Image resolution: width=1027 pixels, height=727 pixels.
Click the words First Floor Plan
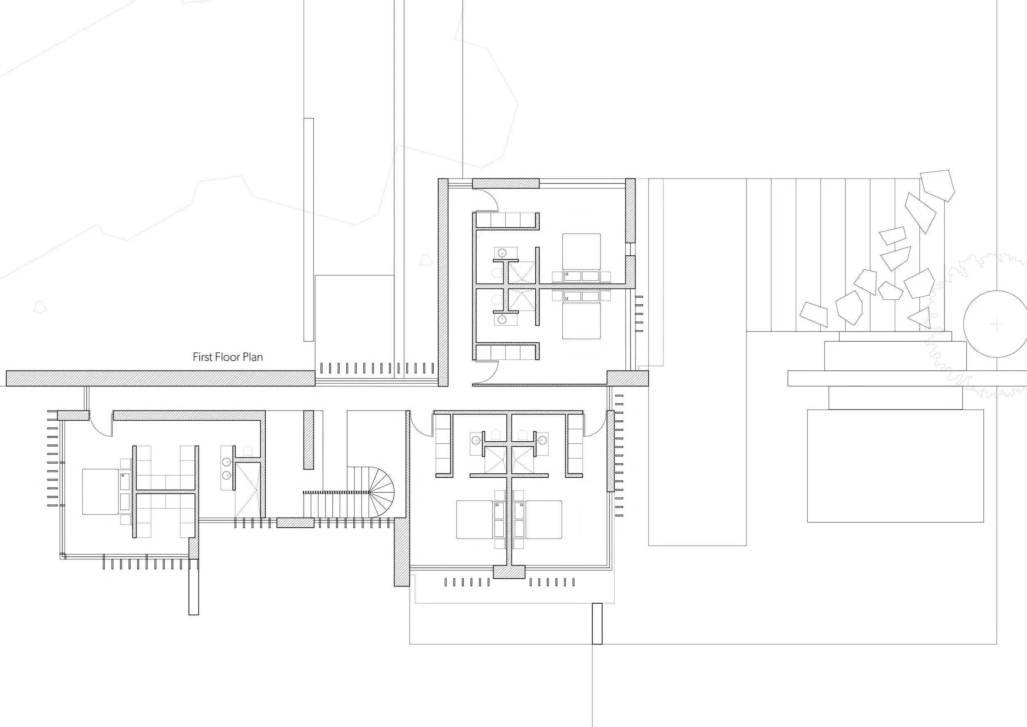coord(228,357)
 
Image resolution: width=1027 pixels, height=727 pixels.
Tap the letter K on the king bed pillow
coord(122,476)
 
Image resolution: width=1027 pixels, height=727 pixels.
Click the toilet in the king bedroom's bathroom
coord(248,450)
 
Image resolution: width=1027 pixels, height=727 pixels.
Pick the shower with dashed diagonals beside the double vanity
coord(247,490)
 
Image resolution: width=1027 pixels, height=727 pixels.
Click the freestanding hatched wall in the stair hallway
coord(309,440)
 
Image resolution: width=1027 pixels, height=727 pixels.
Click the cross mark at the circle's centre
coord(997,324)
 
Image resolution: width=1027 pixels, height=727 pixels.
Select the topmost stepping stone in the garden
coord(937,185)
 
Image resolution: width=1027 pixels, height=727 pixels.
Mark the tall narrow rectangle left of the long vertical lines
coord(309,229)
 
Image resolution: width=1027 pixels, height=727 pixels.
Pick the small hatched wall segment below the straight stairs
coord(296,522)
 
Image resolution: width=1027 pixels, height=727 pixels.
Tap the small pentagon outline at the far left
coord(41,307)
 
